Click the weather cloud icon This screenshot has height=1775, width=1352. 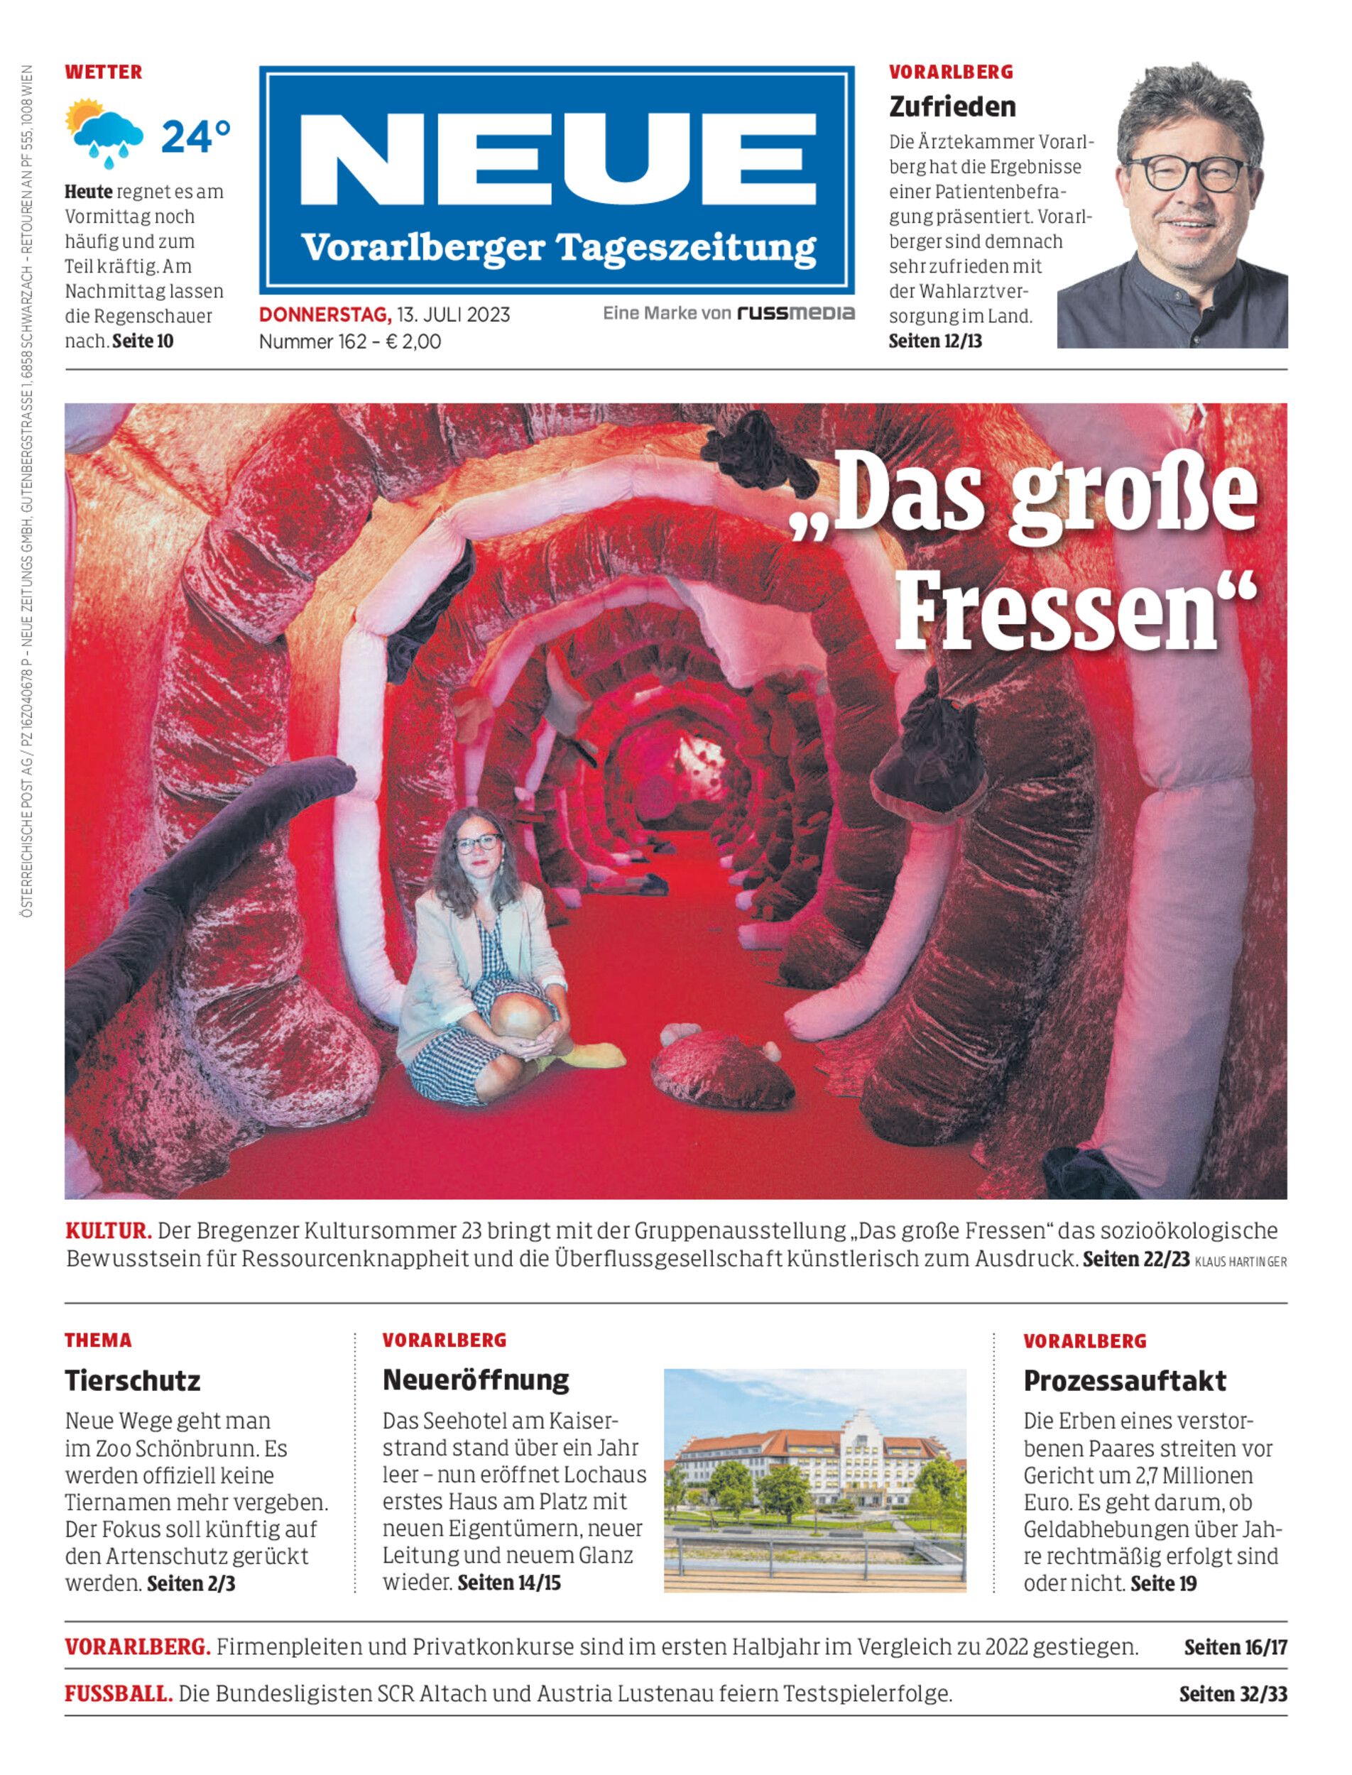[107, 132]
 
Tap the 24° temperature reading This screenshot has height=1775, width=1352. [195, 137]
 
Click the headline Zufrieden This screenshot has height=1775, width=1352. [952, 106]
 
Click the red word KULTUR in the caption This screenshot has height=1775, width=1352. [108, 1230]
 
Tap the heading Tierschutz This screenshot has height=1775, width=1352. [133, 1381]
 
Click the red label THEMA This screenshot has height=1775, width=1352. [98, 1340]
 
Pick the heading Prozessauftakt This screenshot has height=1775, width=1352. [1124, 1381]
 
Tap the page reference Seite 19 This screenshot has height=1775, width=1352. [1163, 1583]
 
